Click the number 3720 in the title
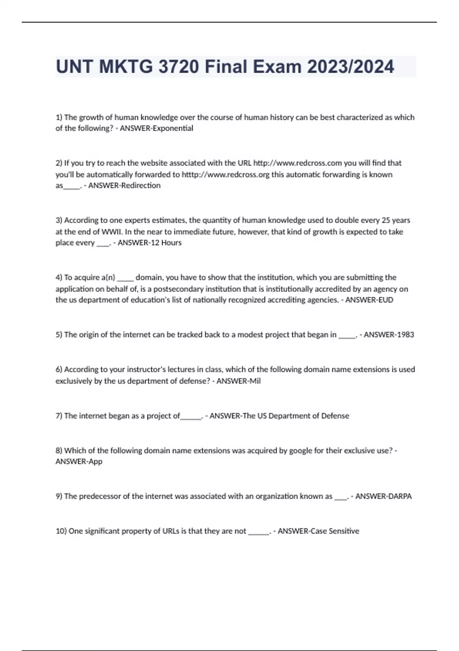(x=178, y=67)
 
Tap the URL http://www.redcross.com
(x=298, y=163)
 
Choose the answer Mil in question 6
(x=255, y=381)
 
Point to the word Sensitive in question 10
(x=344, y=531)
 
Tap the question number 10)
(x=61, y=531)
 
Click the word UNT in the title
(x=74, y=67)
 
